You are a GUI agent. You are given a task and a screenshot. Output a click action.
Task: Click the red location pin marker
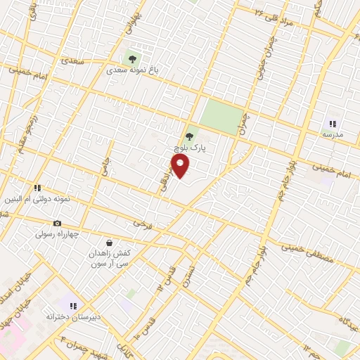(x=181, y=166)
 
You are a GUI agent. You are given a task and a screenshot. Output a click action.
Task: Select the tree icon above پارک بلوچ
(x=188, y=136)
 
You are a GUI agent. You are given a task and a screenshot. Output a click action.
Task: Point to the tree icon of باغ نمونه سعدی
(x=130, y=59)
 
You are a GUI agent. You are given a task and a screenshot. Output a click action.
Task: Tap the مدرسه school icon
(x=333, y=123)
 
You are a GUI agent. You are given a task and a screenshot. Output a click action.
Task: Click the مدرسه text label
(x=333, y=134)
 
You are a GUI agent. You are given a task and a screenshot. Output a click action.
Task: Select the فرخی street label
(x=143, y=224)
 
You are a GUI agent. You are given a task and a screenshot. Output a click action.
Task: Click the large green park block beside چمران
(x=221, y=115)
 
